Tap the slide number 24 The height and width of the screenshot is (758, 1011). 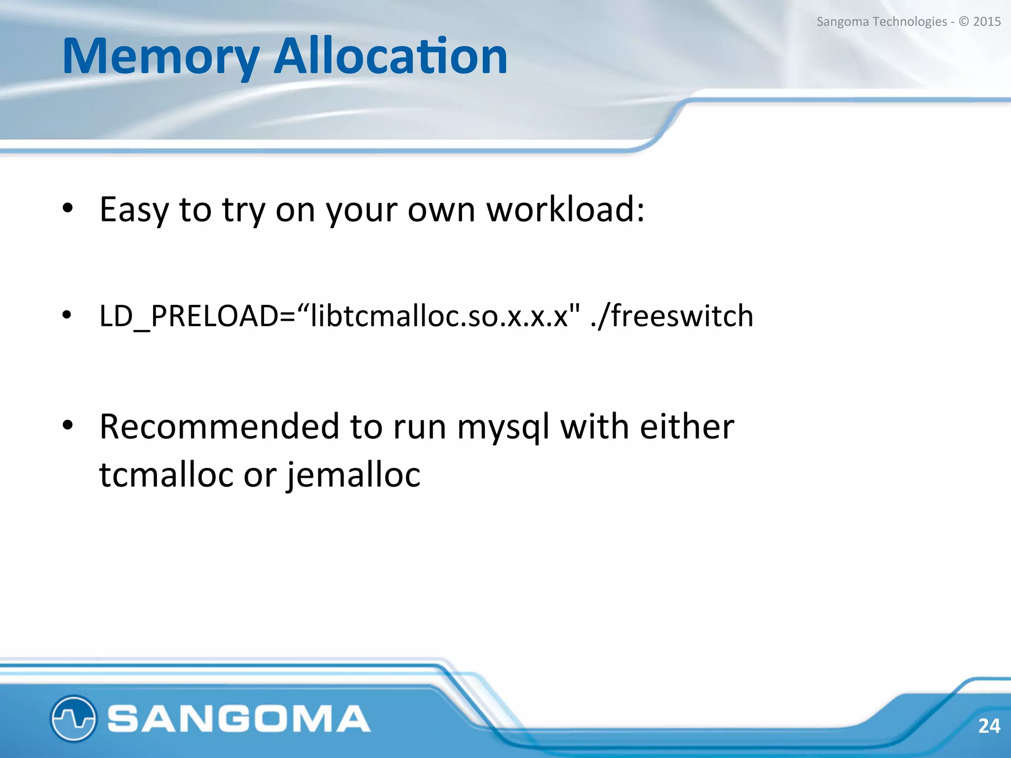coord(989,726)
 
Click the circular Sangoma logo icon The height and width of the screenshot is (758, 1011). coord(73,719)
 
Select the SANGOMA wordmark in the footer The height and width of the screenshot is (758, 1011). coord(239,719)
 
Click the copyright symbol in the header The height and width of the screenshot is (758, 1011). coord(964,22)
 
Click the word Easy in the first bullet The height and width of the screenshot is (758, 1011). coord(134,210)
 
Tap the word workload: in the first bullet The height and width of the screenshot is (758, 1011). coord(566,210)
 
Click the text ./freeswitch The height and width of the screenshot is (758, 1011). coord(671,316)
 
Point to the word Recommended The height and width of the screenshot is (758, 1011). coord(219,426)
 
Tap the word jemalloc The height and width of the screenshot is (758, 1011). coord(353,475)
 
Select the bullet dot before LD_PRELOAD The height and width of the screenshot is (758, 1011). coord(67,315)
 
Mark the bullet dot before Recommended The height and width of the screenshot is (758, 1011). coord(68,424)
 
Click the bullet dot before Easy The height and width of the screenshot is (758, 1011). coord(68,208)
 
